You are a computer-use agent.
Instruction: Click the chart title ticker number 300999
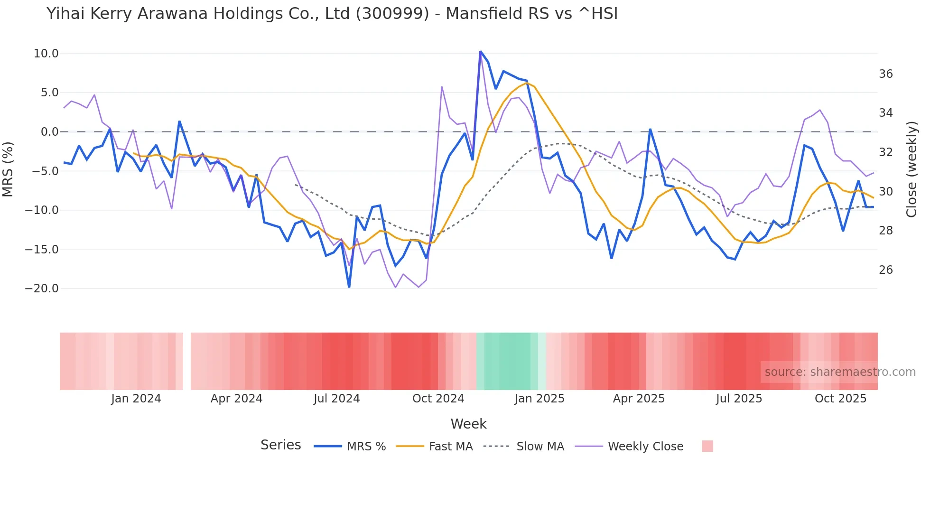tap(392, 14)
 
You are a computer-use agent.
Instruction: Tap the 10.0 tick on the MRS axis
tap(46, 54)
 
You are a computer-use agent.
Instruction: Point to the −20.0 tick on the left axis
tap(42, 289)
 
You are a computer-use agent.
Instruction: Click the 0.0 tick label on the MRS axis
tap(49, 132)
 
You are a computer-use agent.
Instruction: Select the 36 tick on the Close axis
tap(885, 74)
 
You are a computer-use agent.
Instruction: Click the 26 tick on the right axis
tap(885, 270)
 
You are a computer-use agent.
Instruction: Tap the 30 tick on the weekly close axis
tap(885, 192)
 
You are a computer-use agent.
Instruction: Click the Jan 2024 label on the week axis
tap(136, 399)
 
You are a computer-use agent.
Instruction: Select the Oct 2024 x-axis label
tap(438, 399)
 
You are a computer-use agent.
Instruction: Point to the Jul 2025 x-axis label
tap(739, 399)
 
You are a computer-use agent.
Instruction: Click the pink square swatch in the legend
tap(707, 446)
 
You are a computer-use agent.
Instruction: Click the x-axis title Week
tap(468, 424)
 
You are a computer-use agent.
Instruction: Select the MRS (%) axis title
tap(8, 169)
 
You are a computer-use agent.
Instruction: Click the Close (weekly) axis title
tap(911, 169)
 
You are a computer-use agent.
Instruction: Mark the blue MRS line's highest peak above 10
tap(480, 51)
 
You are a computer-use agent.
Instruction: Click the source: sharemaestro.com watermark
tap(840, 372)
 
